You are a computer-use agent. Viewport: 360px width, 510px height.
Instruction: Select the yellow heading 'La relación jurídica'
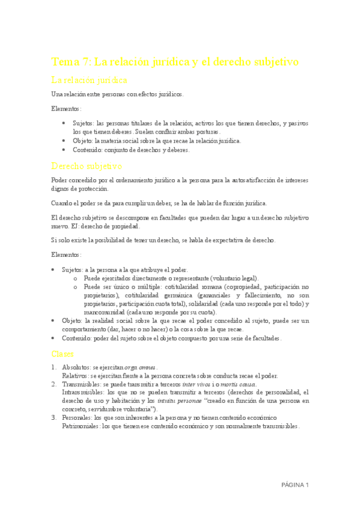[x=88, y=79]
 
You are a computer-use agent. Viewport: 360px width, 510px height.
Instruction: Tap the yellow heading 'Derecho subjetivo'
[x=87, y=165]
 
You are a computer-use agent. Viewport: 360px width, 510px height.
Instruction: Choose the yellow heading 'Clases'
[x=63, y=354]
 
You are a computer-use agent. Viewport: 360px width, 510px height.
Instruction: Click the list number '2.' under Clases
[x=54, y=384]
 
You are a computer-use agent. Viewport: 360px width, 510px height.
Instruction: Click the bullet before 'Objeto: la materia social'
[x=64, y=141]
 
